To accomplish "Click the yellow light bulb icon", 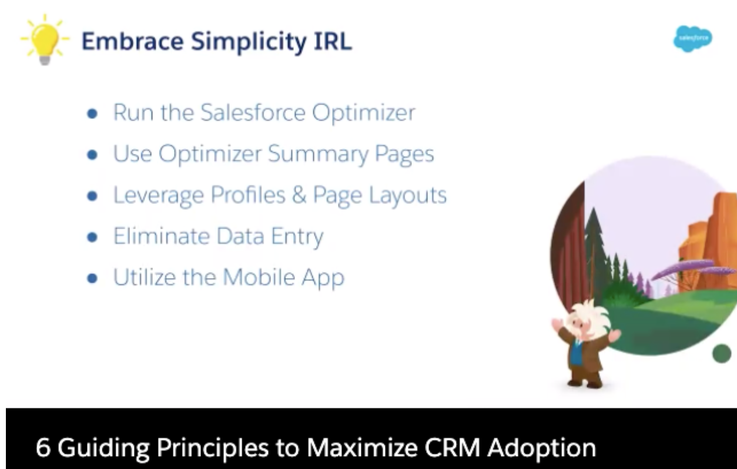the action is tap(45, 40).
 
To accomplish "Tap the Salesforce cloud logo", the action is tap(693, 39).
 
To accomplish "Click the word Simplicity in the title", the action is tap(249, 42).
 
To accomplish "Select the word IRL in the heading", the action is tap(333, 42).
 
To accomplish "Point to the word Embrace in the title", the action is tap(133, 42).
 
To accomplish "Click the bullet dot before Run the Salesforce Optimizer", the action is tap(92, 113).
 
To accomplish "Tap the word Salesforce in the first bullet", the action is tap(253, 113).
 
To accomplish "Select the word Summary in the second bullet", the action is tap(318, 154).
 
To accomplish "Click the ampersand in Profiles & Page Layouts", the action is tap(299, 195).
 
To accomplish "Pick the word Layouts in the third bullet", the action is tap(407, 196).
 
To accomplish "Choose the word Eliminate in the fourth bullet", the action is tap(161, 236).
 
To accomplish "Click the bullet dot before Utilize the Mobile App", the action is tap(92, 279).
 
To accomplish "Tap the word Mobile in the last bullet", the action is tap(259, 277).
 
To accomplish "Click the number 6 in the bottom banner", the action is tap(43, 448).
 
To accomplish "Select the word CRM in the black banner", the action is tap(452, 448).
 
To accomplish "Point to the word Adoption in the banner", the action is tap(542, 449).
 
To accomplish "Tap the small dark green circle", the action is tap(722, 353).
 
